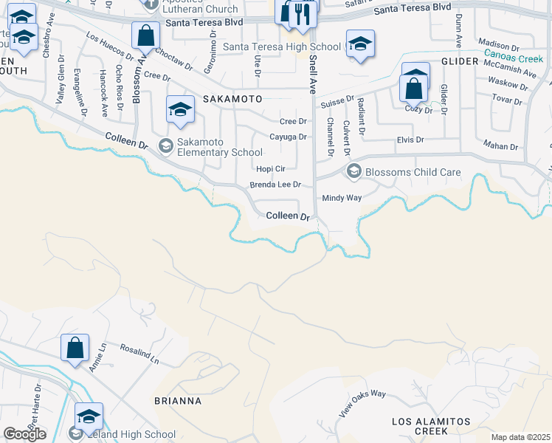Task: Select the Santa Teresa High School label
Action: (282, 47)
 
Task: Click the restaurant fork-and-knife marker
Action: (303, 14)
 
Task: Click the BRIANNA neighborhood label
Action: (177, 401)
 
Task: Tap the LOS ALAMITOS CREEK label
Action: (430, 426)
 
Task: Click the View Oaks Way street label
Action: (362, 403)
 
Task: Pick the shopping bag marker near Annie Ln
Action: (75, 348)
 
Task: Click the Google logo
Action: (24, 434)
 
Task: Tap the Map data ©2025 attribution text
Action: (521, 437)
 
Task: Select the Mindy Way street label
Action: (342, 198)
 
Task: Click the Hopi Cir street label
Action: (270, 168)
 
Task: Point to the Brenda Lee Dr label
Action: (276, 185)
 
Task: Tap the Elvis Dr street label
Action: (410, 139)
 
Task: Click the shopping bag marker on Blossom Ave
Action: (146, 35)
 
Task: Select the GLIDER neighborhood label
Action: (460, 61)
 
